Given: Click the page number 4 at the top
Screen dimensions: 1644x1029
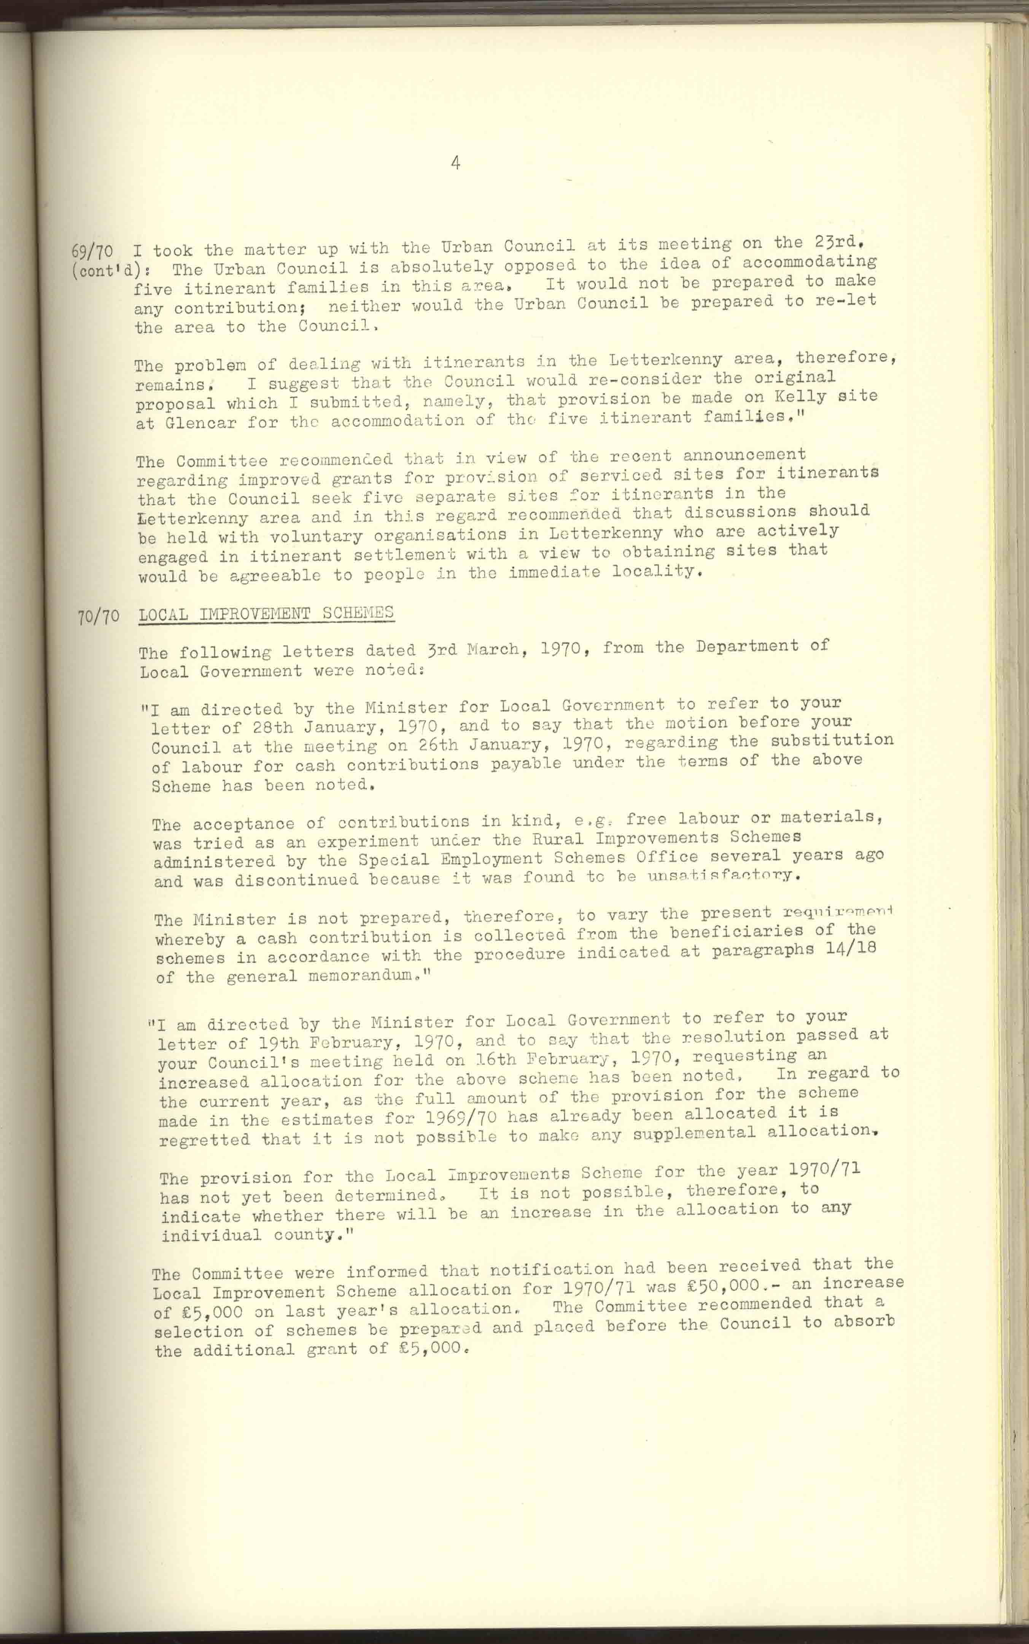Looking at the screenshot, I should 455,163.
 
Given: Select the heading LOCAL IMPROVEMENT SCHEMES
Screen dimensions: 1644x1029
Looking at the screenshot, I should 266,613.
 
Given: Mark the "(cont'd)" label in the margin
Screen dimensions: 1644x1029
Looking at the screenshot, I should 115,271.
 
